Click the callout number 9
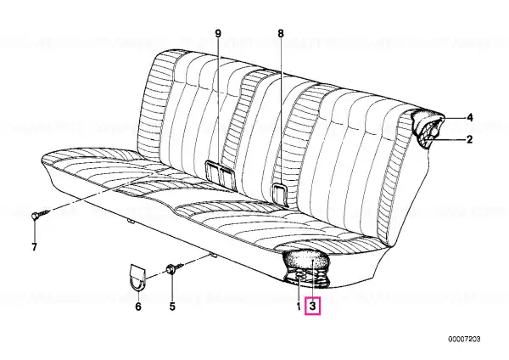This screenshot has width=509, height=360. [218, 33]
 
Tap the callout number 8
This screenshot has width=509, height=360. [281, 33]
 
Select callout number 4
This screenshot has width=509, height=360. [469, 118]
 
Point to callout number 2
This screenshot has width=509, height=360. [469, 139]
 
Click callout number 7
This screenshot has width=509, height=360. [34, 247]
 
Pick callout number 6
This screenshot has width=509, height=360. [138, 306]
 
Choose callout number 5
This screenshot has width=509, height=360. [172, 306]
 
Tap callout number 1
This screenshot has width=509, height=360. [299, 306]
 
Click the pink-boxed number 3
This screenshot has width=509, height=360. [312, 306]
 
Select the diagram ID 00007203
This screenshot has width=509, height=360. [464, 340]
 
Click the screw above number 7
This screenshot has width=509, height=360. [41, 215]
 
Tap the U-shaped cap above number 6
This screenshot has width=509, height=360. [137, 277]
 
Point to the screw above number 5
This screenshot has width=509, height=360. [175, 268]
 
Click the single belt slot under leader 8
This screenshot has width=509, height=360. [281, 194]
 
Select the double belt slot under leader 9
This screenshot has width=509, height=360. [221, 173]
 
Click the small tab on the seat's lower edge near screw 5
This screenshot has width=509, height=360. [213, 255]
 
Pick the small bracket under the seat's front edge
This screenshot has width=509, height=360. [131, 221]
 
